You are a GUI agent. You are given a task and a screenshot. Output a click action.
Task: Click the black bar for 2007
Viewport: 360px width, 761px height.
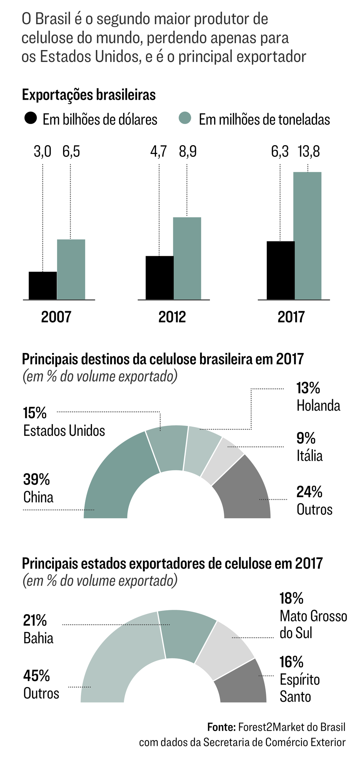[43, 285]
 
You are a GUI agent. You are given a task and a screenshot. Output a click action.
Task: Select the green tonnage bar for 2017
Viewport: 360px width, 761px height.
[308, 236]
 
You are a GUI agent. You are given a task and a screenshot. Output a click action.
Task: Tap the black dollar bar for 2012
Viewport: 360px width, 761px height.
[160, 278]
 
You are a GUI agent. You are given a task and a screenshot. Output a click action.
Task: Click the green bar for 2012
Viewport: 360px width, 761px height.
[187, 258]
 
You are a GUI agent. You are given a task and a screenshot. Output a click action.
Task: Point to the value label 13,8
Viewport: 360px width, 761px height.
[309, 151]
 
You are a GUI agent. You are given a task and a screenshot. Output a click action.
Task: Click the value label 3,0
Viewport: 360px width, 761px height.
[43, 151]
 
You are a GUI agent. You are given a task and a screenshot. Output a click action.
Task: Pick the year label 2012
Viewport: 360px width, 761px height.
[172, 317]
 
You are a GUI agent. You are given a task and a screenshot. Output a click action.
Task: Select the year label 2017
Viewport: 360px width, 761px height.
[291, 317]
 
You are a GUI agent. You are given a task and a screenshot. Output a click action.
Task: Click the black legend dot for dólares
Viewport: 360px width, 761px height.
[30, 118]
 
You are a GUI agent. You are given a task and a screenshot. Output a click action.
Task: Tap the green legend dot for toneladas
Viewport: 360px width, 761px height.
[185, 118]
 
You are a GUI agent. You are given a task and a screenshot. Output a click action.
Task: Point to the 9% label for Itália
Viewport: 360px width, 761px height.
[306, 438]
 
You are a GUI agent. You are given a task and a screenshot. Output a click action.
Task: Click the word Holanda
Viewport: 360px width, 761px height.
[318, 406]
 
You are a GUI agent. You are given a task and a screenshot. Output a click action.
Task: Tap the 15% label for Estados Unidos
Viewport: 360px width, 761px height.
[35, 413]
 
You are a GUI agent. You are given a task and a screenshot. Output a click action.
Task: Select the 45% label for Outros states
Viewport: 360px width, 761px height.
[37, 676]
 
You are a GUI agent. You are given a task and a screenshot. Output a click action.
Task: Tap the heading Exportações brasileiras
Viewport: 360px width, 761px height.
[89, 95]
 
